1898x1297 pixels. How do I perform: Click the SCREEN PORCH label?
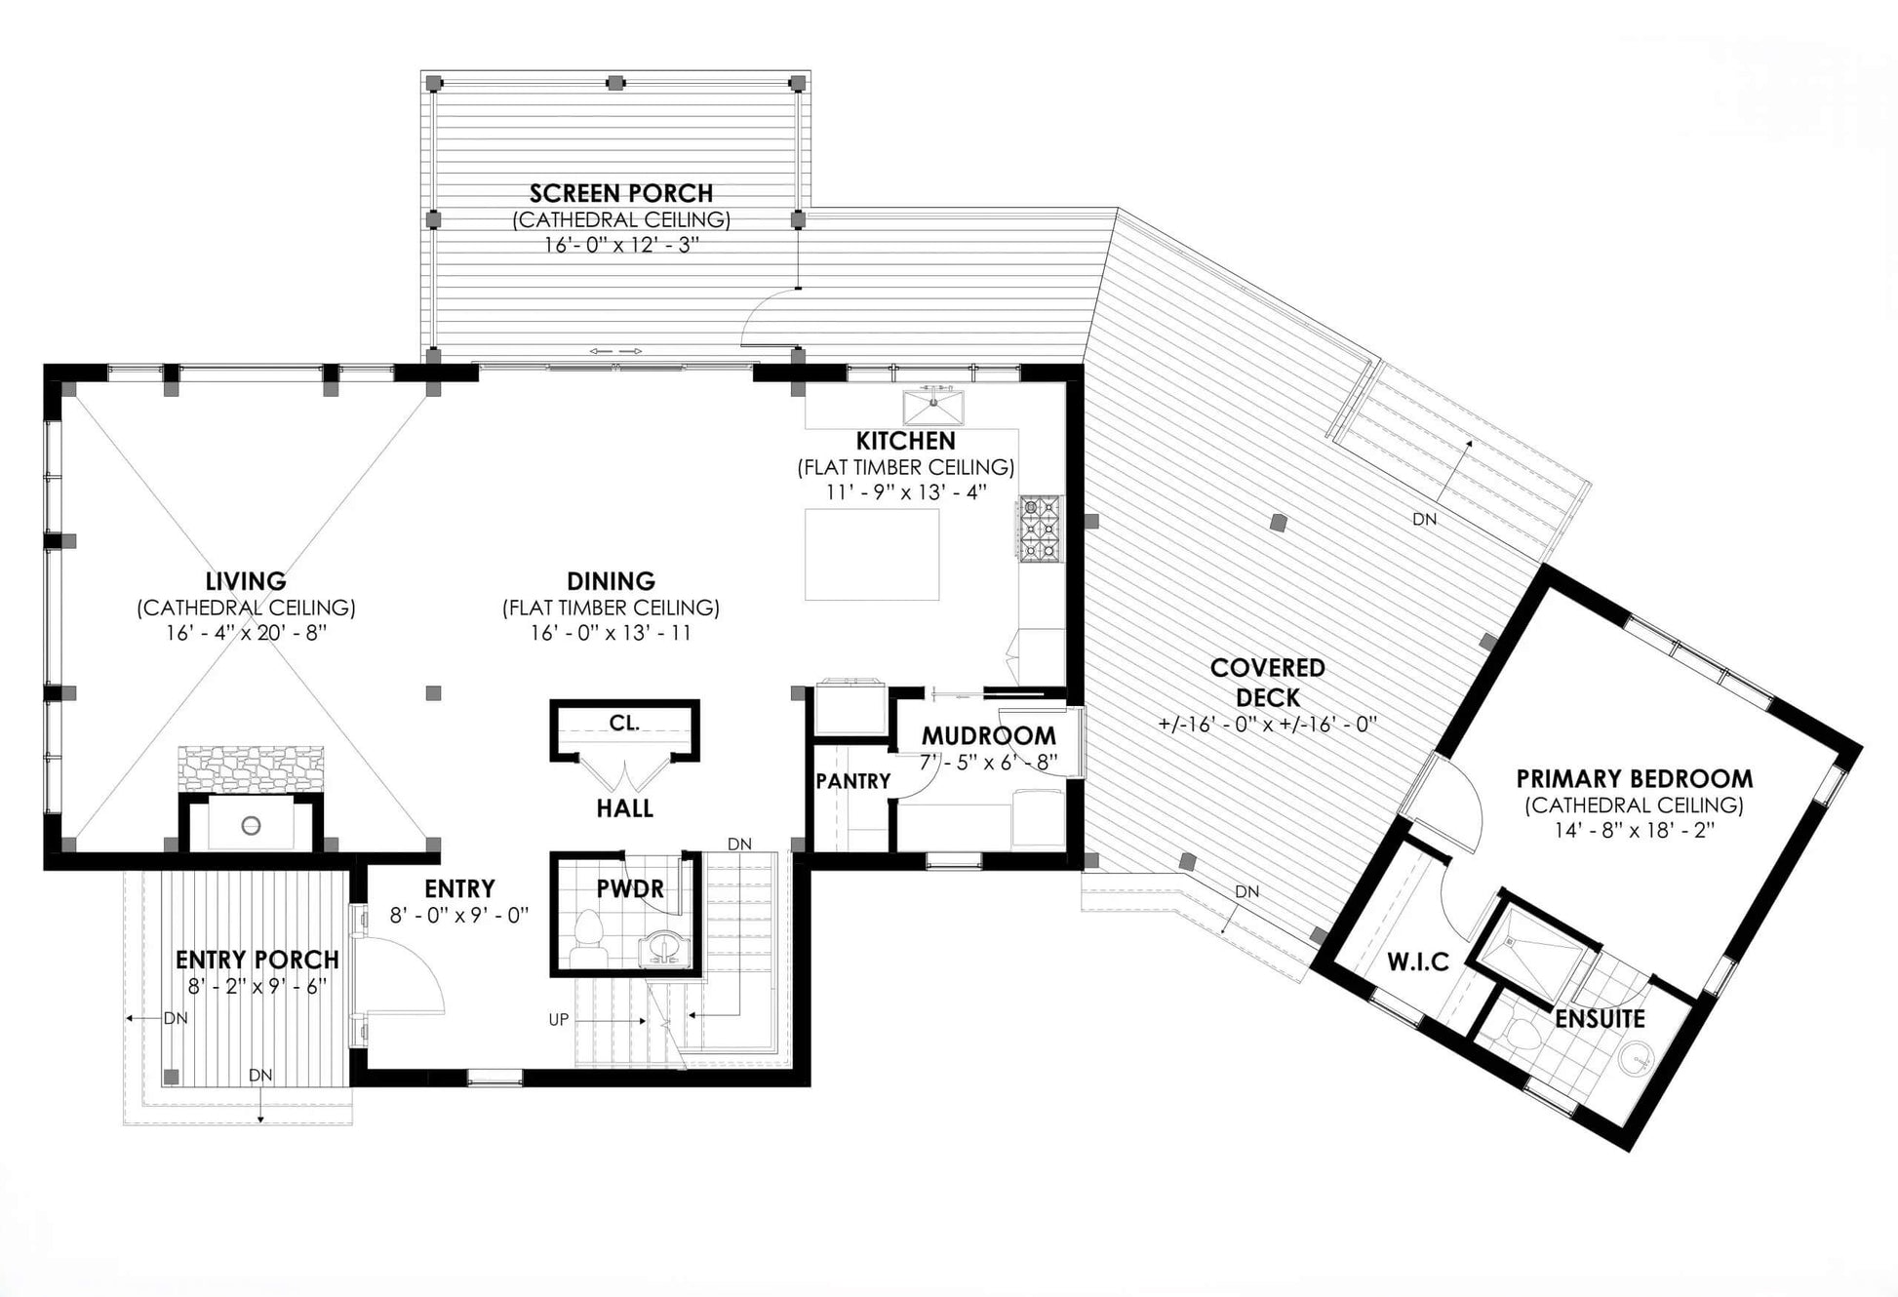click(621, 193)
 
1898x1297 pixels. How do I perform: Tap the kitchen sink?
click(933, 407)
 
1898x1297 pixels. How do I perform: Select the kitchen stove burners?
click(1040, 529)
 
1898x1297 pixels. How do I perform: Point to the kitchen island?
click(872, 554)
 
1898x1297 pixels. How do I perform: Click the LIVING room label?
click(246, 581)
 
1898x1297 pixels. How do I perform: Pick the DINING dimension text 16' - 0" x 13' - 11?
click(611, 633)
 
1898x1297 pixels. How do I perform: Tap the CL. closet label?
click(624, 724)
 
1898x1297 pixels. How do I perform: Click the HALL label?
click(624, 808)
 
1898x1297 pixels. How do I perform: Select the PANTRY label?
click(853, 781)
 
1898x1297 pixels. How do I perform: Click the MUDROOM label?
click(989, 735)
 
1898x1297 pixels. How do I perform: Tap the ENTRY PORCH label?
click(257, 960)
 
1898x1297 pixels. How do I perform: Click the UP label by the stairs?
click(558, 1020)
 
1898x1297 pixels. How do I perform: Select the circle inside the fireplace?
click(251, 825)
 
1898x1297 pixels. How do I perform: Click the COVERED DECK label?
click(1268, 683)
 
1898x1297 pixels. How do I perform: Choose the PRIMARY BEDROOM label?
click(1634, 779)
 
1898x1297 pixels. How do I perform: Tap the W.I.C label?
click(1418, 963)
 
